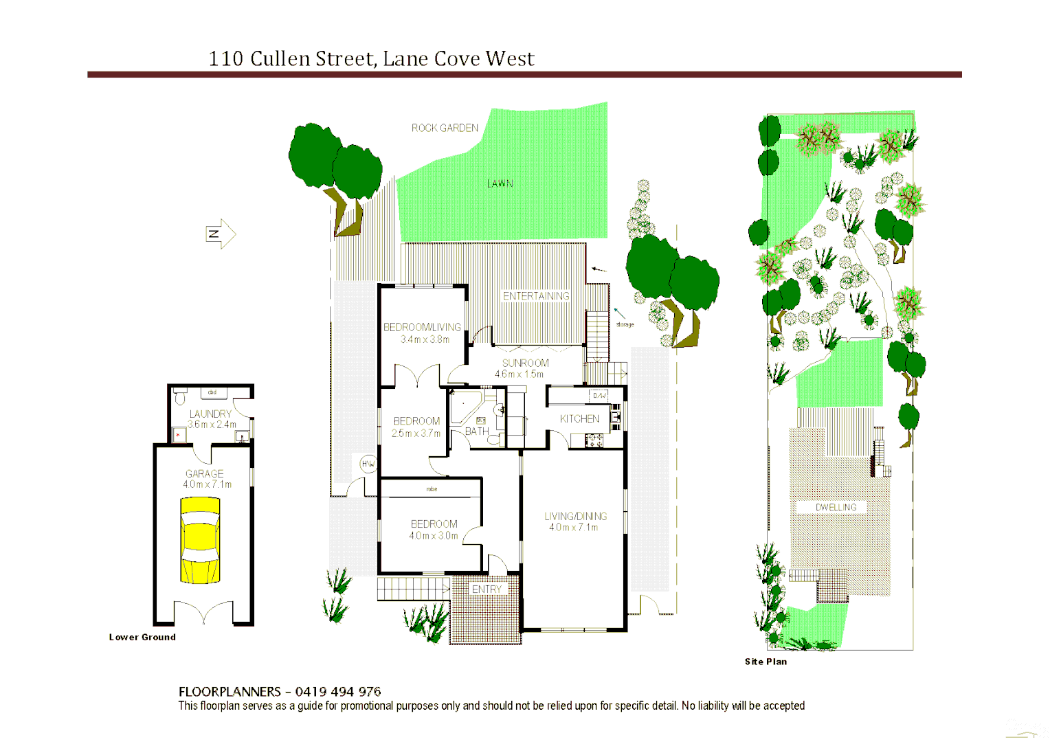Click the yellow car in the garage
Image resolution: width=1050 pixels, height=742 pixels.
point(200,541)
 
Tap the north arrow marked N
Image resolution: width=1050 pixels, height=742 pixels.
point(219,234)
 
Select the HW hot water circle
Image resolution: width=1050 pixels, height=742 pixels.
point(368,464)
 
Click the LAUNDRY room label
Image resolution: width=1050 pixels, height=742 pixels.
point(210,414)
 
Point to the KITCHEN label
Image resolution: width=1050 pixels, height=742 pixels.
point(579,418)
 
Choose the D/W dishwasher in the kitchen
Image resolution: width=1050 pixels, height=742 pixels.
point(599,395)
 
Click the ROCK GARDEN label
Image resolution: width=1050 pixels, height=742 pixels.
point(445,128)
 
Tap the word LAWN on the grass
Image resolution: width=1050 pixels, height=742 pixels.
point(500,183)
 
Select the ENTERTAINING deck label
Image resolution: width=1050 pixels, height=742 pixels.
point(536,296)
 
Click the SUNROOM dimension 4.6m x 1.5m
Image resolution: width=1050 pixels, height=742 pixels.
point(519,374)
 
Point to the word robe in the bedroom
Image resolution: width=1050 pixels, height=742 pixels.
point(432,489)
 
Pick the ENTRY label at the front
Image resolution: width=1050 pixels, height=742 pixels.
point(487,589)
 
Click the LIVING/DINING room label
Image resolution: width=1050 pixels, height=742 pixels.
point(575,516)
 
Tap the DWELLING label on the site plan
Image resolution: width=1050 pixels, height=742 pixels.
point(836,507)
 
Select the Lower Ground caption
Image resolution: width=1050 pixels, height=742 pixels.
point(142,637)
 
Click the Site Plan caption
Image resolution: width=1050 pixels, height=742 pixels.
point(766,662)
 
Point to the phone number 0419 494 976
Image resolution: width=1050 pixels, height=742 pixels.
point(338,692)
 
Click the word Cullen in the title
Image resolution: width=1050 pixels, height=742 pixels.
point(280,59)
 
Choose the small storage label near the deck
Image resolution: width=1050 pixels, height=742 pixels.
point(625,324)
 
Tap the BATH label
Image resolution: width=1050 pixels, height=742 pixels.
point(477,431)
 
